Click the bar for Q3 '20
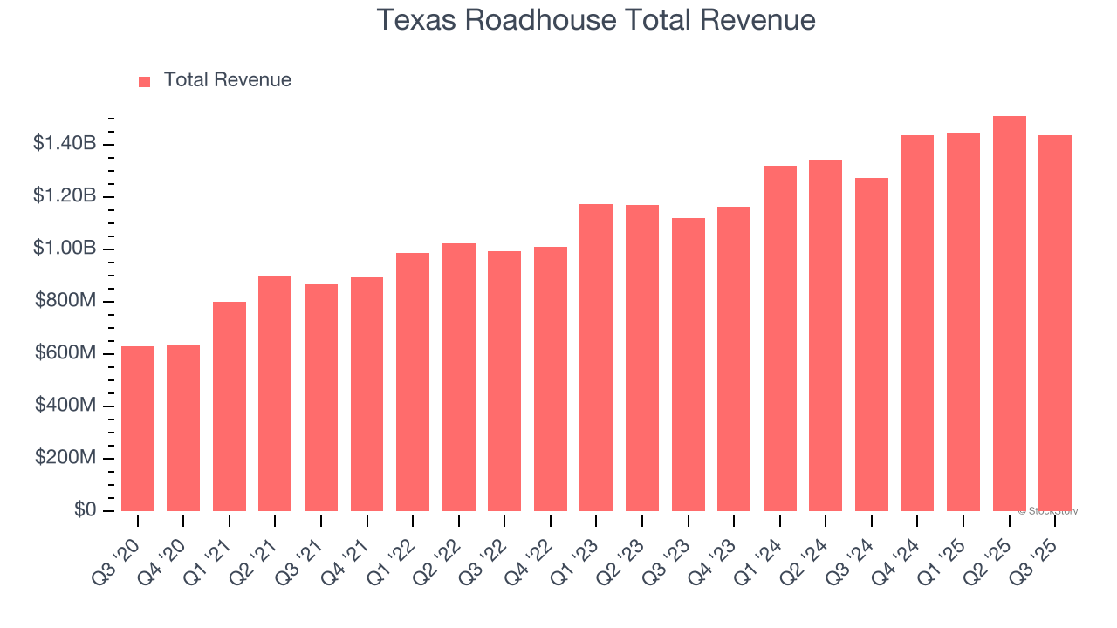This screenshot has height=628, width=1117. coord(138,428)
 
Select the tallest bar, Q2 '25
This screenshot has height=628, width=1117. coord(1009,313)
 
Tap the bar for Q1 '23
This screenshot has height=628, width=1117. coord(596,358)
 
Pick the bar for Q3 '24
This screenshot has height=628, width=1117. coord(871,345)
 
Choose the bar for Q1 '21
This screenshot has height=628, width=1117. coord(230,406)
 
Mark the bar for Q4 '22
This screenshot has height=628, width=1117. coord(550,379)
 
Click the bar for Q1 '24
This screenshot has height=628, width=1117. coord(779,338)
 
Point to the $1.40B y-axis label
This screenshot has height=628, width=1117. coord(64,144)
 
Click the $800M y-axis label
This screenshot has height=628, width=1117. coord(65,301)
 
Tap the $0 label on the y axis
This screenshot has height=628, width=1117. coord(84,510)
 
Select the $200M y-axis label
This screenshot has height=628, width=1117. coord(65,458)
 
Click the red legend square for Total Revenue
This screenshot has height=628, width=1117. coord(145,82)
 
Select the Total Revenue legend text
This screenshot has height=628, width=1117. coord(227,80)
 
